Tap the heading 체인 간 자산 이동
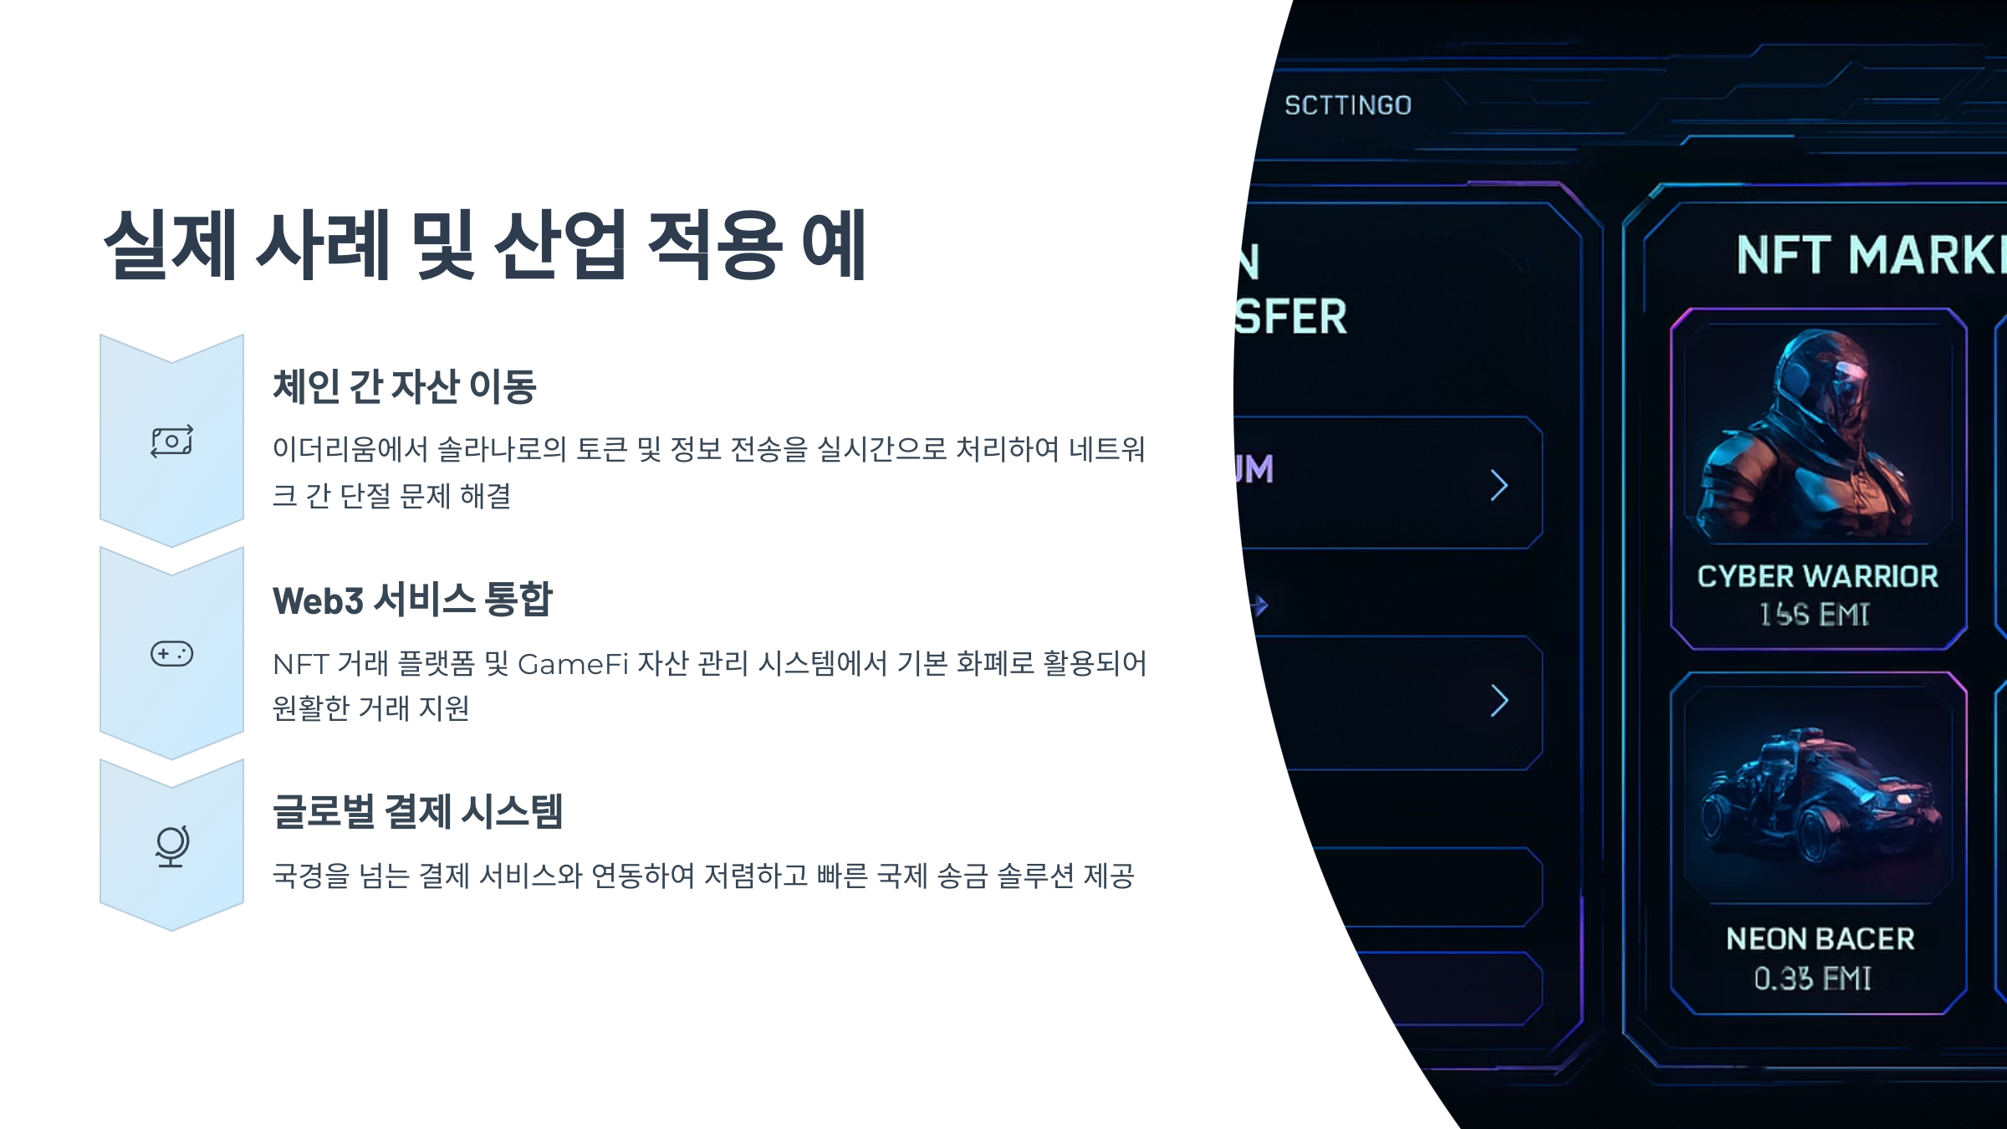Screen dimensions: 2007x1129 coord(405,386)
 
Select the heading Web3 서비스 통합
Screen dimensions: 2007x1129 coord(412,600)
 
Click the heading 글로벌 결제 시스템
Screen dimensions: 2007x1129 coord(418,811)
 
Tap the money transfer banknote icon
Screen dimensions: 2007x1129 coord(172,441)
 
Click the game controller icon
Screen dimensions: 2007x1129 coord(172,653)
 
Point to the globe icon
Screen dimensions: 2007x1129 coord(172,845)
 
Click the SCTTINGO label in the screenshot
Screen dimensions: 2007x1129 coord(1348,105)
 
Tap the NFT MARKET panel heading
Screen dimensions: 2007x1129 coord(1870,255)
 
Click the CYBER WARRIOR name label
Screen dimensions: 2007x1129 coord(1818,576)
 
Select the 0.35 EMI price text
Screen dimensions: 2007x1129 coord(1812,978)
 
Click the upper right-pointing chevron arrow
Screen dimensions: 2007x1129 coord(1499,485)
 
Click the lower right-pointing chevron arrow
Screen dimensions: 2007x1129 coord(1499,701)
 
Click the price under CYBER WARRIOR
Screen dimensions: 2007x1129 coord(1814,615)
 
